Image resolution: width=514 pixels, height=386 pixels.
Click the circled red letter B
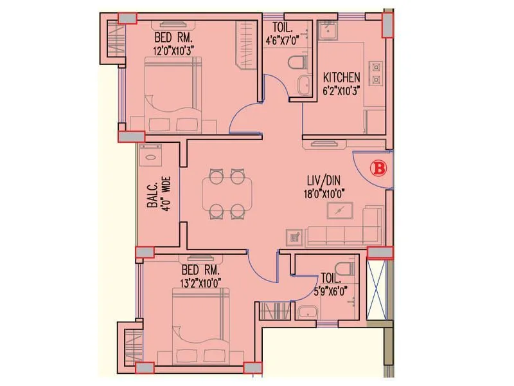point(378,169)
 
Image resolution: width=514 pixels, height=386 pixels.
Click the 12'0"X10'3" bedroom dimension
point(173,48)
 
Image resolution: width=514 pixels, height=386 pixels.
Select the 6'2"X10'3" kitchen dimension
point(341,89)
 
